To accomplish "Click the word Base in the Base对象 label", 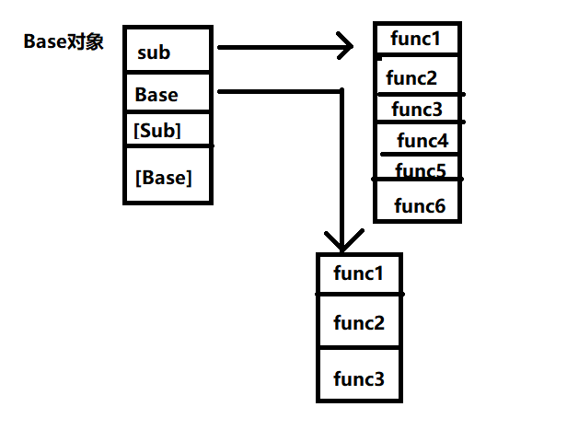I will pyautogui.click(x=44, y=42).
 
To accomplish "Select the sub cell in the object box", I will pyautogui.click(x=154, y=52).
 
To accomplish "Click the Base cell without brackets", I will pyautogui.click(x=156, y=94).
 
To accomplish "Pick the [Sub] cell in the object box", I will pyautogui.click(x=156, y=130).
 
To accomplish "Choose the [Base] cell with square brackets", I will pyautogui.click(x=164, y=177).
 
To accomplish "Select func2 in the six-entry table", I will pyautogui.click(x=411, y=77).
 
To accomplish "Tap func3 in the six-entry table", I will pyautogui.click(x=417, y=110).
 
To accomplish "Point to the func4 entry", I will pyautogui.click(x=422, y=141).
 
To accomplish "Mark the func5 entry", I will pyautogui.click(x=420, y=170).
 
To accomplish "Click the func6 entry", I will pyautogui.click(x=420, y=205).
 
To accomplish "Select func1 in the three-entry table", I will pyautogui.click(x=358, y=273).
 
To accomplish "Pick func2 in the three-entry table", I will pyautogui.click(x=358, y=322).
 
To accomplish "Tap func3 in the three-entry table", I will pyautogui.click(x=358, y=378).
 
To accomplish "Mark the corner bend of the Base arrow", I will pyautogui.click(x=341, y=91).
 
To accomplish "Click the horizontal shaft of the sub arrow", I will pyautogui.click(x=276, y=46).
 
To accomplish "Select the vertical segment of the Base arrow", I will pyautogui.click(x=341, y=166).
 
